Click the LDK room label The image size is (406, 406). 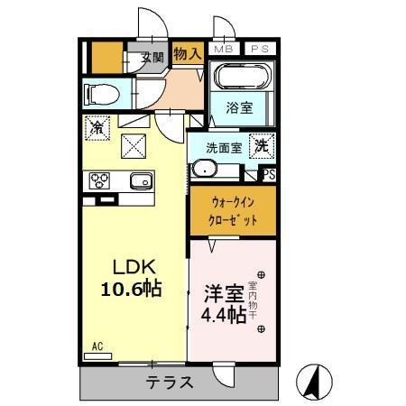click(134, 268)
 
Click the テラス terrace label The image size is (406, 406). click(169, 382)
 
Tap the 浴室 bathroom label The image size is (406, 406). click(239, 107)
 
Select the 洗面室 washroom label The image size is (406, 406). click(222, 147)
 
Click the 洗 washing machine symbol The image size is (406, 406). click(260, 144)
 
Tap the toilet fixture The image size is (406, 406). click(100, 92)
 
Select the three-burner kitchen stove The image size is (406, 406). click(100, 180)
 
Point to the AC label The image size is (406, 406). click(97, 345)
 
